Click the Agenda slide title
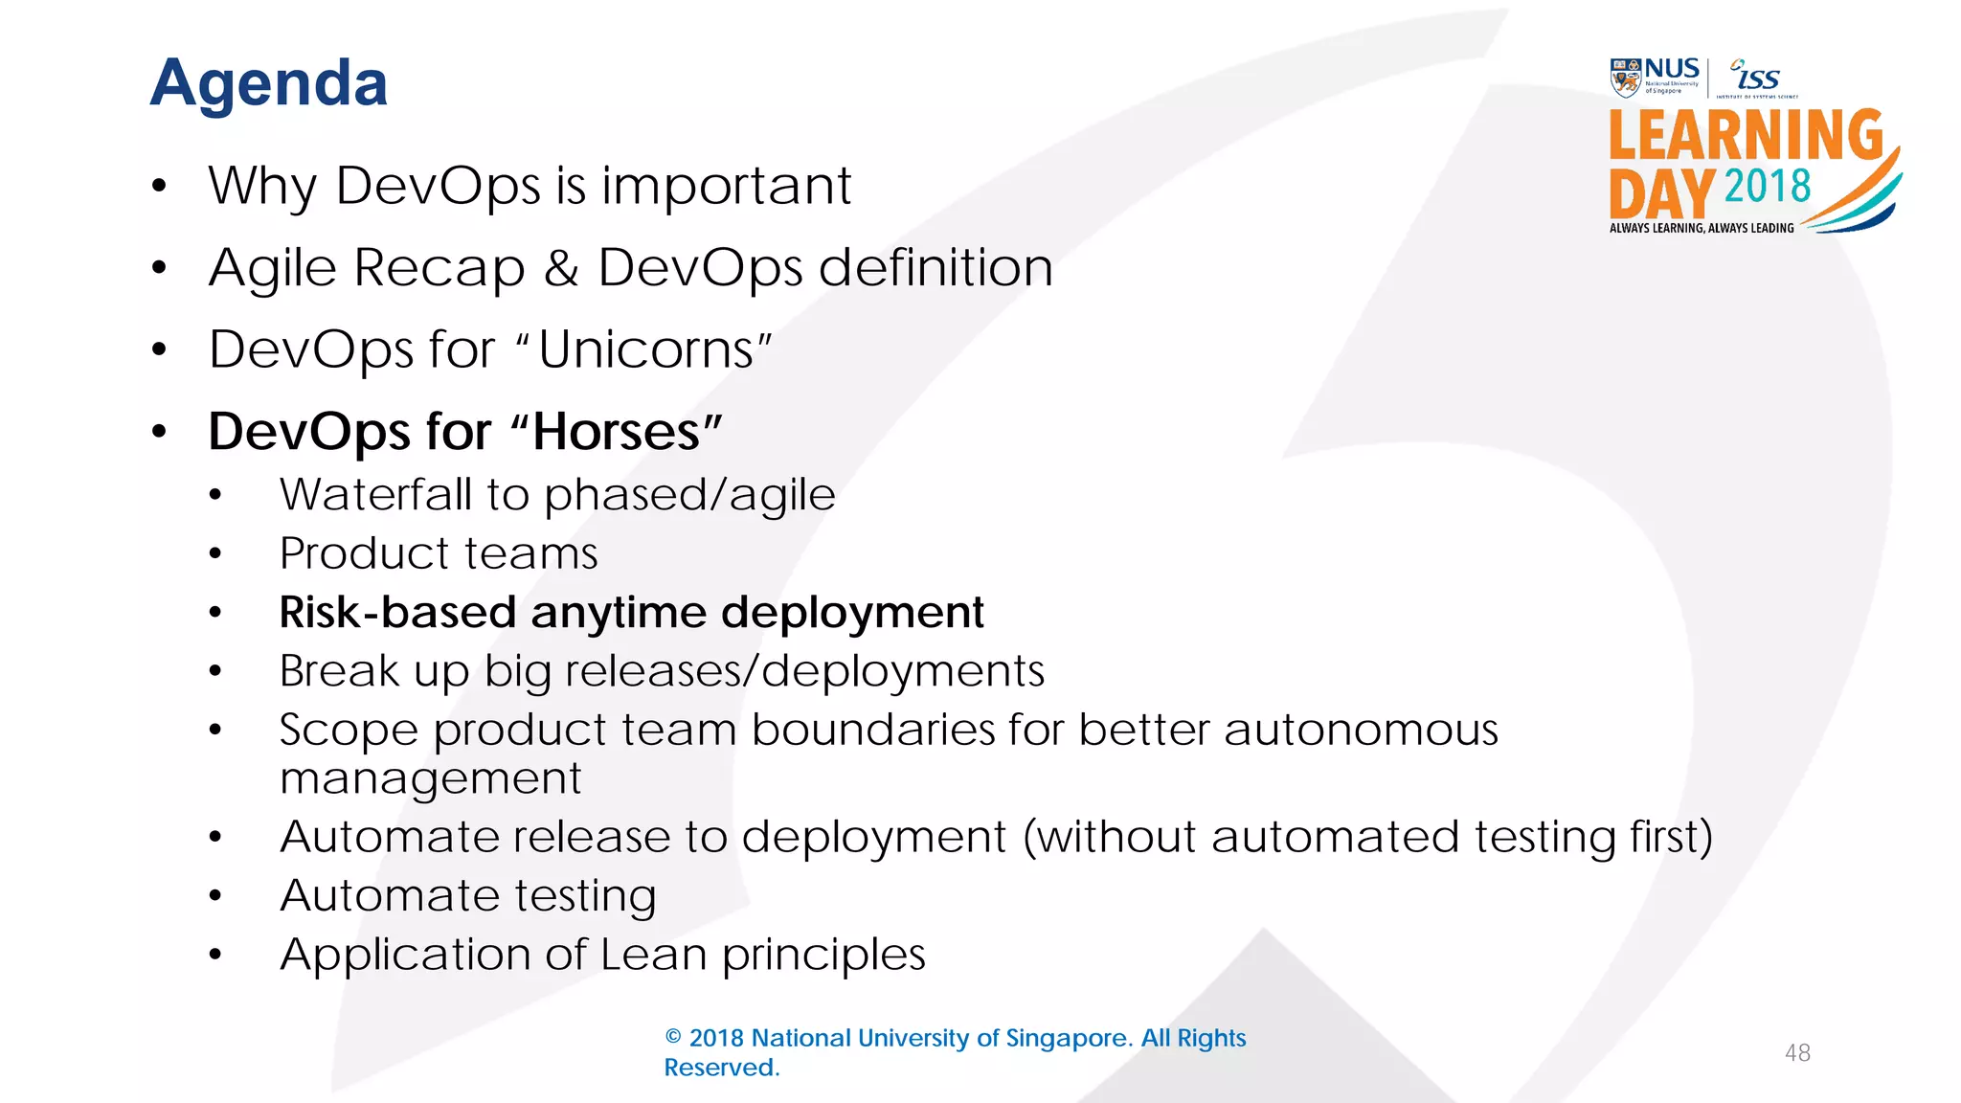coord(269,84)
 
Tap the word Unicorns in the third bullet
coord(647,350)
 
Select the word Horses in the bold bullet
coord(616,432)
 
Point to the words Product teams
coord(439,553)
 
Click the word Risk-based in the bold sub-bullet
coord(397,613)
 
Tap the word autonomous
coord(1361,731)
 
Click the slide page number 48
coord(1797,1053)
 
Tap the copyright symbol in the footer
coord(673,1038)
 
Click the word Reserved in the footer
coord(721,1068)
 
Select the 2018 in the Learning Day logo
coord(1767,186)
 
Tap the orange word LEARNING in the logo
coord(1745,135)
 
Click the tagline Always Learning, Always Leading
coord(1702,228)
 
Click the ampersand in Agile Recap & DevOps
coord(561,268)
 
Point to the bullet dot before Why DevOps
coord(159,186)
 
